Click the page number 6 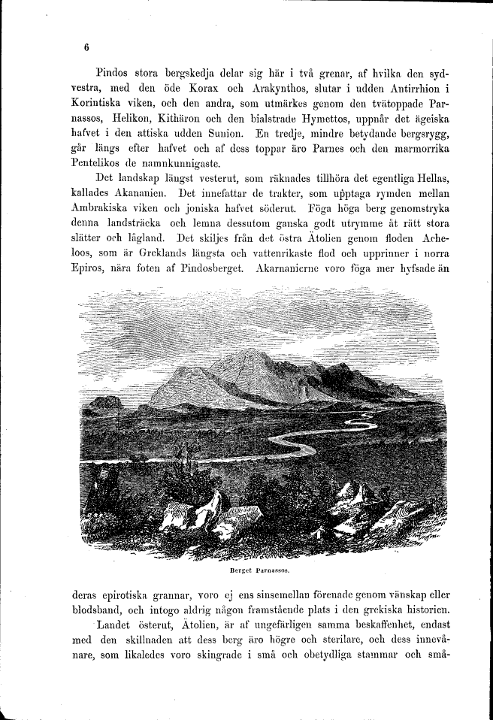pyautogui.click(x=87, y=48)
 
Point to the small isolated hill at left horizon pyautogui.click(x=105, y=404)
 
